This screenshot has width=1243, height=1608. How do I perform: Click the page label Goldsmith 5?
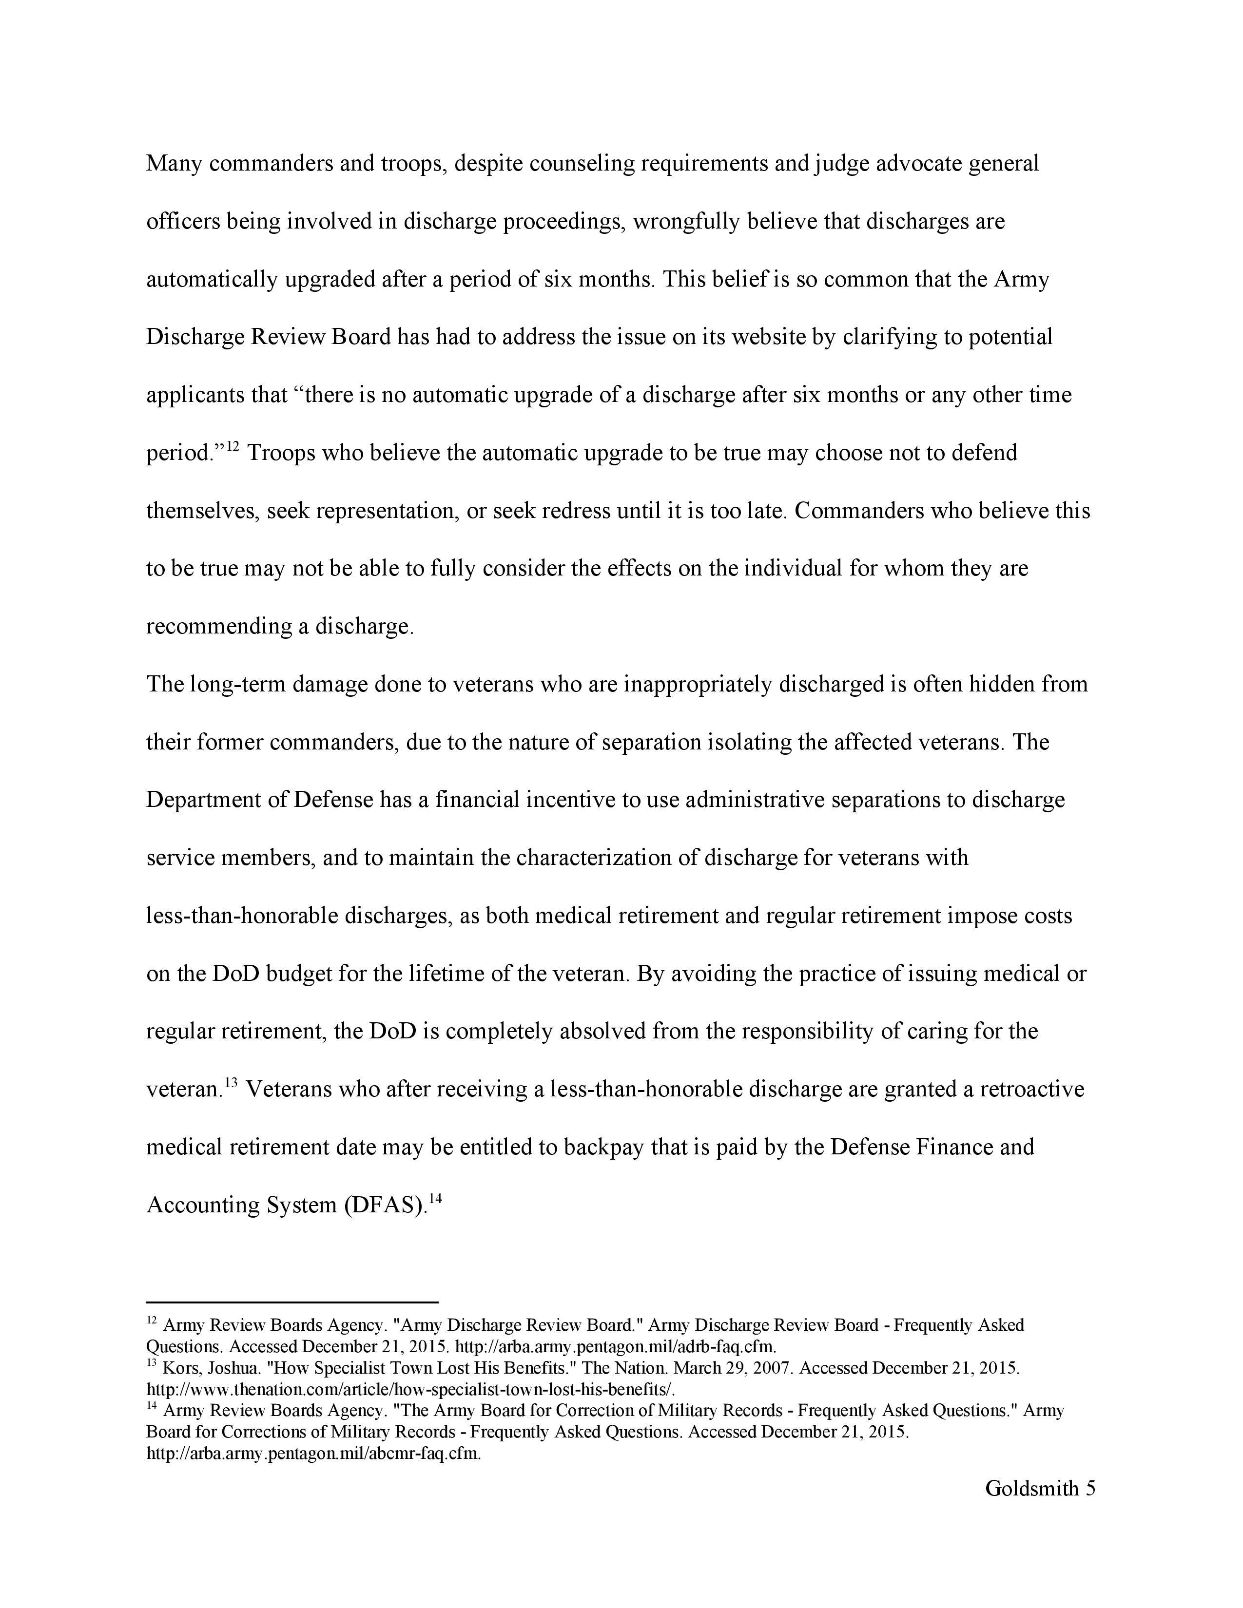pyautogui.click(x=1040, y=1488)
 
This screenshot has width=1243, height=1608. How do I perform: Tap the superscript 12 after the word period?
pyautogui.click(x=233, y=445)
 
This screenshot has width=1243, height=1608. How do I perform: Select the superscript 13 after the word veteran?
pyautogui.click(x=231, y=1082)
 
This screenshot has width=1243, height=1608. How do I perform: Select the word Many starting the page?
pyautogui.click(x=174, y=163)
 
